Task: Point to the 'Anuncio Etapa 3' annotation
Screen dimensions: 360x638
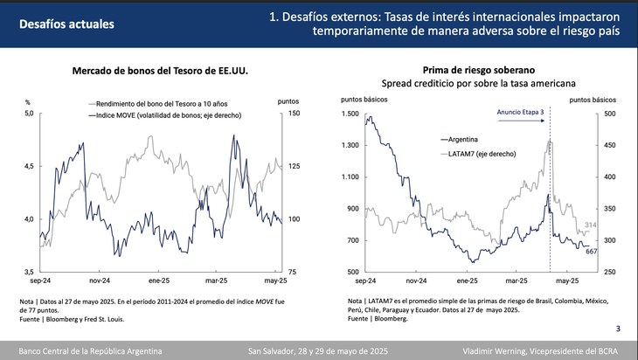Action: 520,113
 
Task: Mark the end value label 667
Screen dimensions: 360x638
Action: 590,252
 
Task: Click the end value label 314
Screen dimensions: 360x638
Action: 591,225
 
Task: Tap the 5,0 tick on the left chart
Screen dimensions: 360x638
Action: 28,114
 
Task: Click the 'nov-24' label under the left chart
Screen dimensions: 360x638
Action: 100,281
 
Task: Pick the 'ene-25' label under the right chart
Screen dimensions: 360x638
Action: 468,281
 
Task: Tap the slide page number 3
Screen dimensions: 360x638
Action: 618,329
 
